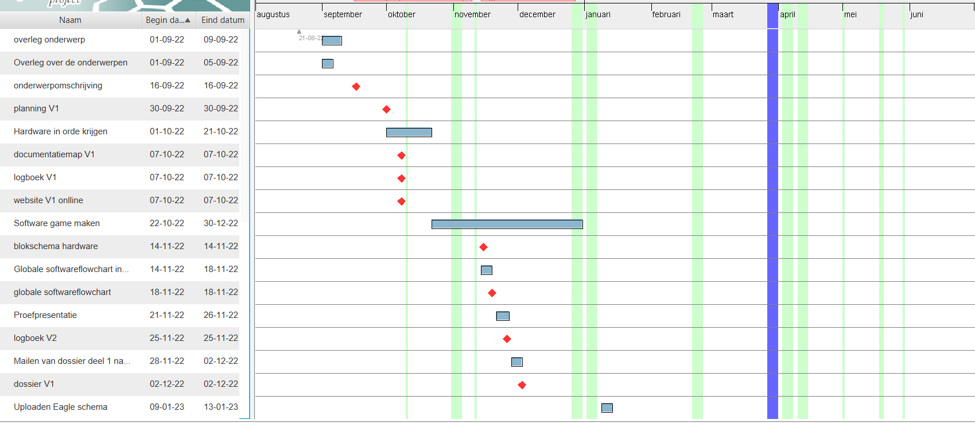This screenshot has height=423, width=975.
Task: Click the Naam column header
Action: (70, 20)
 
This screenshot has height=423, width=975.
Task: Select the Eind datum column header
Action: (223, 20)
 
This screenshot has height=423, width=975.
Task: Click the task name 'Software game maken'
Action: (57, 223)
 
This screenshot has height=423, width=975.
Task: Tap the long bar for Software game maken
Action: (507, 224)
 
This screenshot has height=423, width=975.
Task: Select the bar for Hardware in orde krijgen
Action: (409, 133)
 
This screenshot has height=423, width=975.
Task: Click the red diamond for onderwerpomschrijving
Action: (356, 87)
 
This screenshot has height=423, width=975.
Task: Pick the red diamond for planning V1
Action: (386, 110)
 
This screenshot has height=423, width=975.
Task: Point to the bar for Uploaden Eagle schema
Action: (607, 408)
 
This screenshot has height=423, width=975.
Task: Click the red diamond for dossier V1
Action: (522, 385)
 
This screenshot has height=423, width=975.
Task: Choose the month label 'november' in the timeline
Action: (472, 14)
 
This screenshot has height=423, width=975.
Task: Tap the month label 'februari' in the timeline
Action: (666, 14)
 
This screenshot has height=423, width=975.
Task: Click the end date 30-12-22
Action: (221, 223)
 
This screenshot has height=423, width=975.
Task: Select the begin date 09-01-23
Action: (167, 407)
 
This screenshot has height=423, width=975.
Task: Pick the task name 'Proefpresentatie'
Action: (45, 315)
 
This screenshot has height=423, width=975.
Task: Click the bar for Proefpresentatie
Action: (503, 316)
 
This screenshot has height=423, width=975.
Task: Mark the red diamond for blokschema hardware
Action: (483, 247)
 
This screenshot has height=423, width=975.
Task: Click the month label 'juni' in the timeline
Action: (916, 14)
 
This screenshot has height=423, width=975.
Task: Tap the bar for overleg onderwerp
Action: (332, 41)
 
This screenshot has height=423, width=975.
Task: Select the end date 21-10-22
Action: (221, 131)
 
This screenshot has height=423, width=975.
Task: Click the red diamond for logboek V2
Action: (507, 339)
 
